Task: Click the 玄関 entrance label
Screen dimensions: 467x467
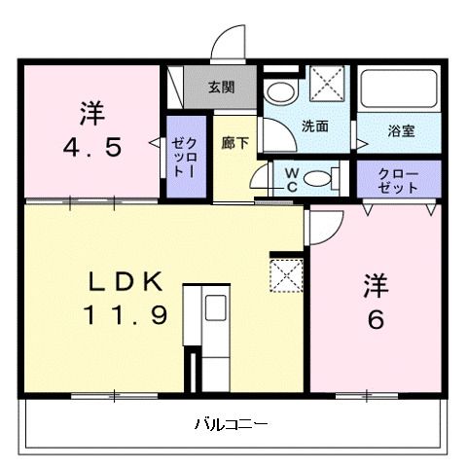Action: [x=221, y=86]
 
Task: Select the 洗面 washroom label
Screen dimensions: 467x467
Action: [x=313, y=126]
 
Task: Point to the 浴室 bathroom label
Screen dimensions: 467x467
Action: [x=401, y=127]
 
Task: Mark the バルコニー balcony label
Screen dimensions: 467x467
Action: [x=231, y=424]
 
